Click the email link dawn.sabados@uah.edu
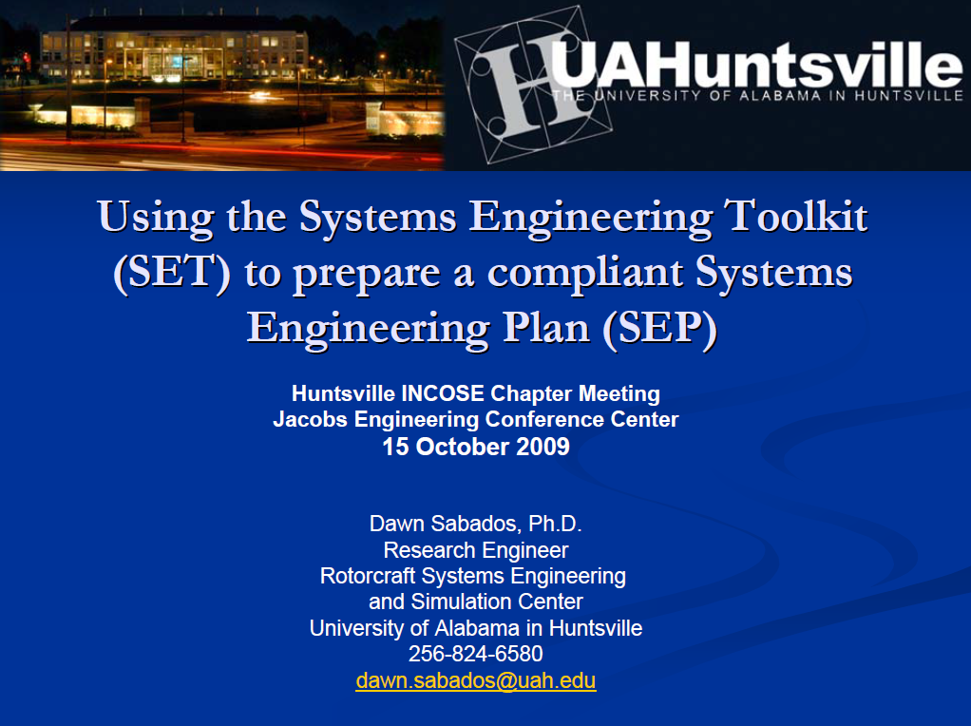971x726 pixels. [476, 680]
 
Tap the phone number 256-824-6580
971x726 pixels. [476, 654]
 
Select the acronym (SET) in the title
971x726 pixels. [172, 273]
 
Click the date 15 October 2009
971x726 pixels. [476, 447]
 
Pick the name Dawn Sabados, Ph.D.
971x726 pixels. [475, 524]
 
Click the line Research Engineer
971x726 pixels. [476, 550]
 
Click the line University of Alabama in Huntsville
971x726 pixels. [476, 628]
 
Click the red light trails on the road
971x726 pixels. [190, 149]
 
